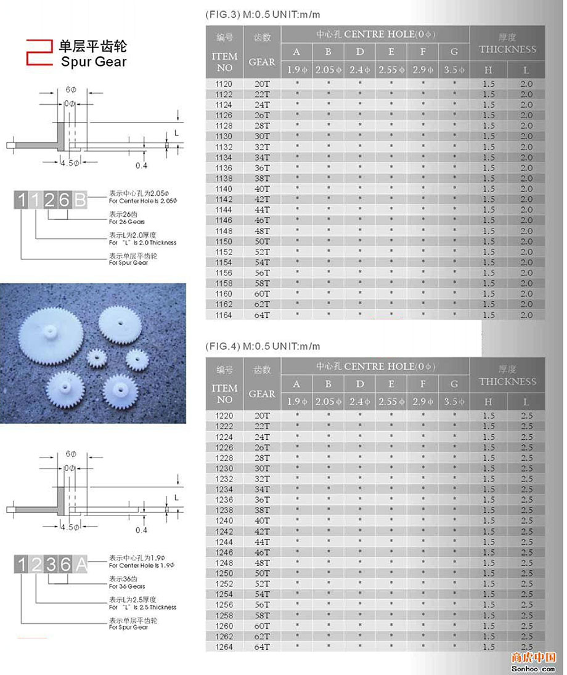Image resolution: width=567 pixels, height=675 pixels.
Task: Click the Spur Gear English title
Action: [94, 62]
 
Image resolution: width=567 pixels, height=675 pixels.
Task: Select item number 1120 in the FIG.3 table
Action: [224, 84]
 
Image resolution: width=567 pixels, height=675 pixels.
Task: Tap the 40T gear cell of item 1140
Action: [263, 188]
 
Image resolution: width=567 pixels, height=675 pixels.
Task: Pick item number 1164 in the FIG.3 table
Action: [224, 315]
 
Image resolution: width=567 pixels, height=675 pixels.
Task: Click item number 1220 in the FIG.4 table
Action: [224, 416]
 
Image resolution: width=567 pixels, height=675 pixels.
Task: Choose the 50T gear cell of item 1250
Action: [263, 573]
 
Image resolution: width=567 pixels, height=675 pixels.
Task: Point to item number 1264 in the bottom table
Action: [224, 647]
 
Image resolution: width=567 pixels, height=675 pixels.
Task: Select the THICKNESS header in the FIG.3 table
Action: [508, 49]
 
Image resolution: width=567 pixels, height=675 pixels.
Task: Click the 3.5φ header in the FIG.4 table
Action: [454, 402]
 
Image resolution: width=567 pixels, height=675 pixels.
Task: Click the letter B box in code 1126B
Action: [81, 200]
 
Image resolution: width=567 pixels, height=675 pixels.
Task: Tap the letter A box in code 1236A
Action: [81, 565]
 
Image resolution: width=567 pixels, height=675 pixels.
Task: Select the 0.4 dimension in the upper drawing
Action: [141, 166]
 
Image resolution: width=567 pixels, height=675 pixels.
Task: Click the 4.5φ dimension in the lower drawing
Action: [67, 528]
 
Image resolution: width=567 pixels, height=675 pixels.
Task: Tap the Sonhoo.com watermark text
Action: [534, 668]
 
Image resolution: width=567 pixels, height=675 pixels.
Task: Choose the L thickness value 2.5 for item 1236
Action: [526, 499]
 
